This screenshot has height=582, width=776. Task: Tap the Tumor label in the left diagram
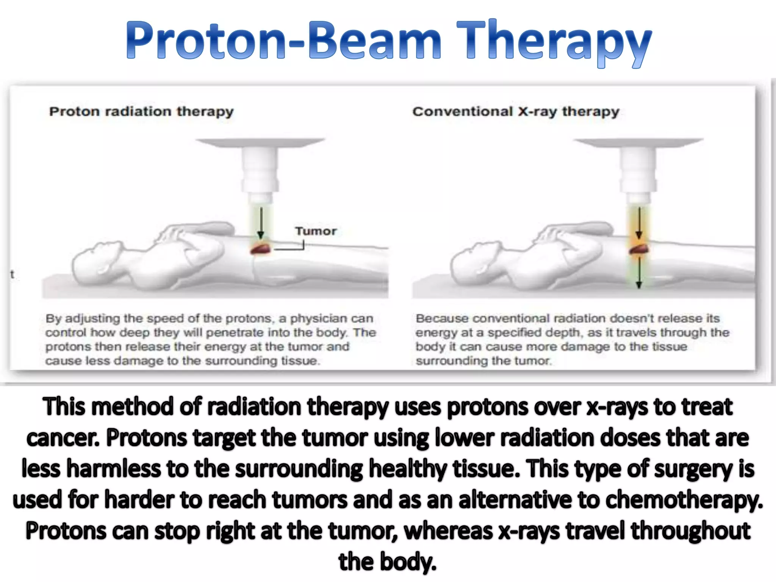[x=316, y=231]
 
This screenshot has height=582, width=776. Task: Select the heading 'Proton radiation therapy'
[x=141, y=111]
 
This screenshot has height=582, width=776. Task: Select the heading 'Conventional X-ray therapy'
[x=516, y=111]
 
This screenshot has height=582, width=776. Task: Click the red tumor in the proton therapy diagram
[x=260, y=249]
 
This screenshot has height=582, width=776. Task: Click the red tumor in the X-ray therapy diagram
[x=639, y=249]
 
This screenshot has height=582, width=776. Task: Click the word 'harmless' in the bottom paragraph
[x=114, y=468]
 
